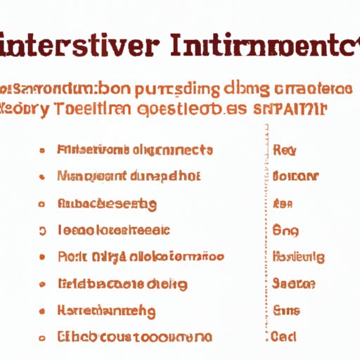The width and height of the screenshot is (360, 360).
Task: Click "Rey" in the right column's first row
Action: pyautogui.click(x=284, y=150)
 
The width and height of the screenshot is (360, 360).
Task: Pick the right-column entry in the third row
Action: pyautogui.click(x=282, y=204)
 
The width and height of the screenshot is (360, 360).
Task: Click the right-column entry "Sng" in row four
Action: pyautogui.click(x=284, y=231)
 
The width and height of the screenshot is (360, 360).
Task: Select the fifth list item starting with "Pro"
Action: pyautogui.click(x=140, y=257)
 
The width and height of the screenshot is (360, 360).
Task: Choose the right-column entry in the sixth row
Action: pyautogui.click(x=292, y=284)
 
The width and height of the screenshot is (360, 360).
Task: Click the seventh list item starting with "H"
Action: pyautogui.click(x=106, y=310)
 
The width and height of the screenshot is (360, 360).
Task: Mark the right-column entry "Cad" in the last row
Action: pyautogui.click(x=284, y=337)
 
